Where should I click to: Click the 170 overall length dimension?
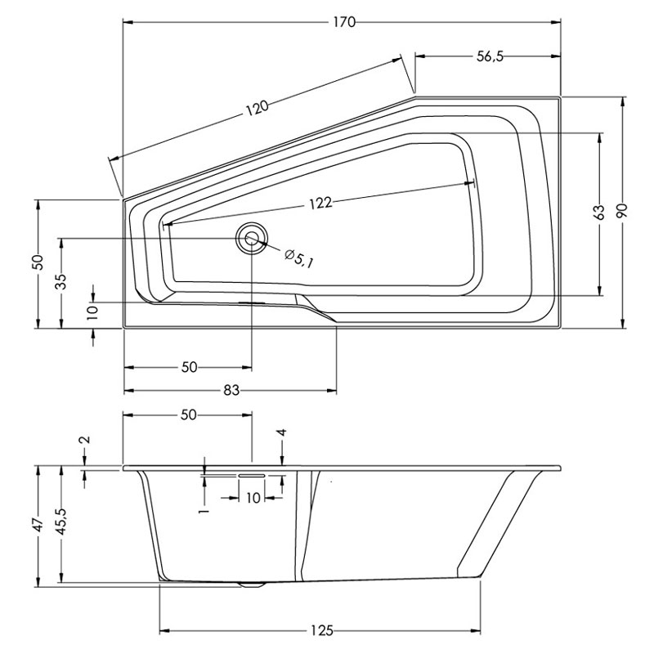pyautogui.click(x=343, y=22)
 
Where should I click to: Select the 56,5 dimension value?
pyautogui.click(x=489, y=56)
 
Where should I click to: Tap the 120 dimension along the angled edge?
pyautogui.click(x=258, y=110)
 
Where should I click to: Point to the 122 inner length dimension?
pyautogui.click(x=320, y=204)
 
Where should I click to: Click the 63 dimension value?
pyautogui.click(x=599, y=213)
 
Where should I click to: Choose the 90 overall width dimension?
pyautogui.click(x=625, y=213)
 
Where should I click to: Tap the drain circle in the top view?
pyautogui.click(x=251, y=239)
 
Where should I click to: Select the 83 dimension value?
pyautogui.click(x=231, y=391)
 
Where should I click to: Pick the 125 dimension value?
pyautogui.click(x=321, y=630)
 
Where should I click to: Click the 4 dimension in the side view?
pyautogui.click(x=282, y=433)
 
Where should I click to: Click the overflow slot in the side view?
pyautogui.click(x=251, y=473)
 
